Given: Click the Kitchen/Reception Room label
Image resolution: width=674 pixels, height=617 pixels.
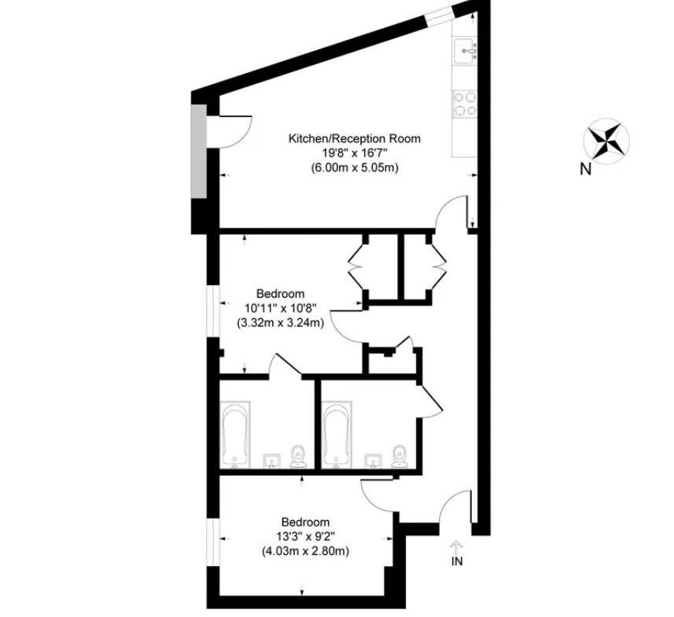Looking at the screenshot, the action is [x=354, y=139].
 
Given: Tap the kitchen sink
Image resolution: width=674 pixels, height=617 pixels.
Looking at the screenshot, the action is [x=465, y=51].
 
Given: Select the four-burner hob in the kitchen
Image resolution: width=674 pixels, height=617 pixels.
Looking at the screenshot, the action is [x=465, y=104].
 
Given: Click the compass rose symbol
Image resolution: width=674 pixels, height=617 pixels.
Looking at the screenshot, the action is [x=606, y=141].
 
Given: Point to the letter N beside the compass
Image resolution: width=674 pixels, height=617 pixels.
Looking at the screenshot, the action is [x=585, y=170].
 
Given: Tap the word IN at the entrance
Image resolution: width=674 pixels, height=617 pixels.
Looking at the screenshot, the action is [x=457, y=560].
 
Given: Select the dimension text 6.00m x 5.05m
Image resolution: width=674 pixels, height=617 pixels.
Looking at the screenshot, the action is [x=355, y=168].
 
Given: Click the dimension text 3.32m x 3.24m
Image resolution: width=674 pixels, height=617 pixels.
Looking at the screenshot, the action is [x=280, y=322].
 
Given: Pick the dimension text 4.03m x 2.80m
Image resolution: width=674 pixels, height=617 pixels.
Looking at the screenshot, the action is [x=305, y=551].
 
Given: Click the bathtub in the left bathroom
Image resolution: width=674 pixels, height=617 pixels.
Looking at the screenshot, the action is [x=234, y=435].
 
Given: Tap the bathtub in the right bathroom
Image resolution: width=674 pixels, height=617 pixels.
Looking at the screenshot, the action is [x=337, y=435].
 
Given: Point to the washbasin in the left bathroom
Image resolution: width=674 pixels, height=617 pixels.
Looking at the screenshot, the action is [x=272, y=461].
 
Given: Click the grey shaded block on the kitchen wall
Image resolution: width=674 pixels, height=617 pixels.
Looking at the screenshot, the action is [x=199, y=152].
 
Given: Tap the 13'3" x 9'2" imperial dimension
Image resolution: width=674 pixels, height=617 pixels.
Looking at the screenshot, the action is [x=305, y=537].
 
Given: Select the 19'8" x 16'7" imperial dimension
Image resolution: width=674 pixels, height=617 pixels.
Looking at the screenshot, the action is [x=355, y=153].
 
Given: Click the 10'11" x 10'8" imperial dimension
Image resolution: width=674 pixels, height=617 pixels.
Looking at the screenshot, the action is [x=280, y=308].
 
